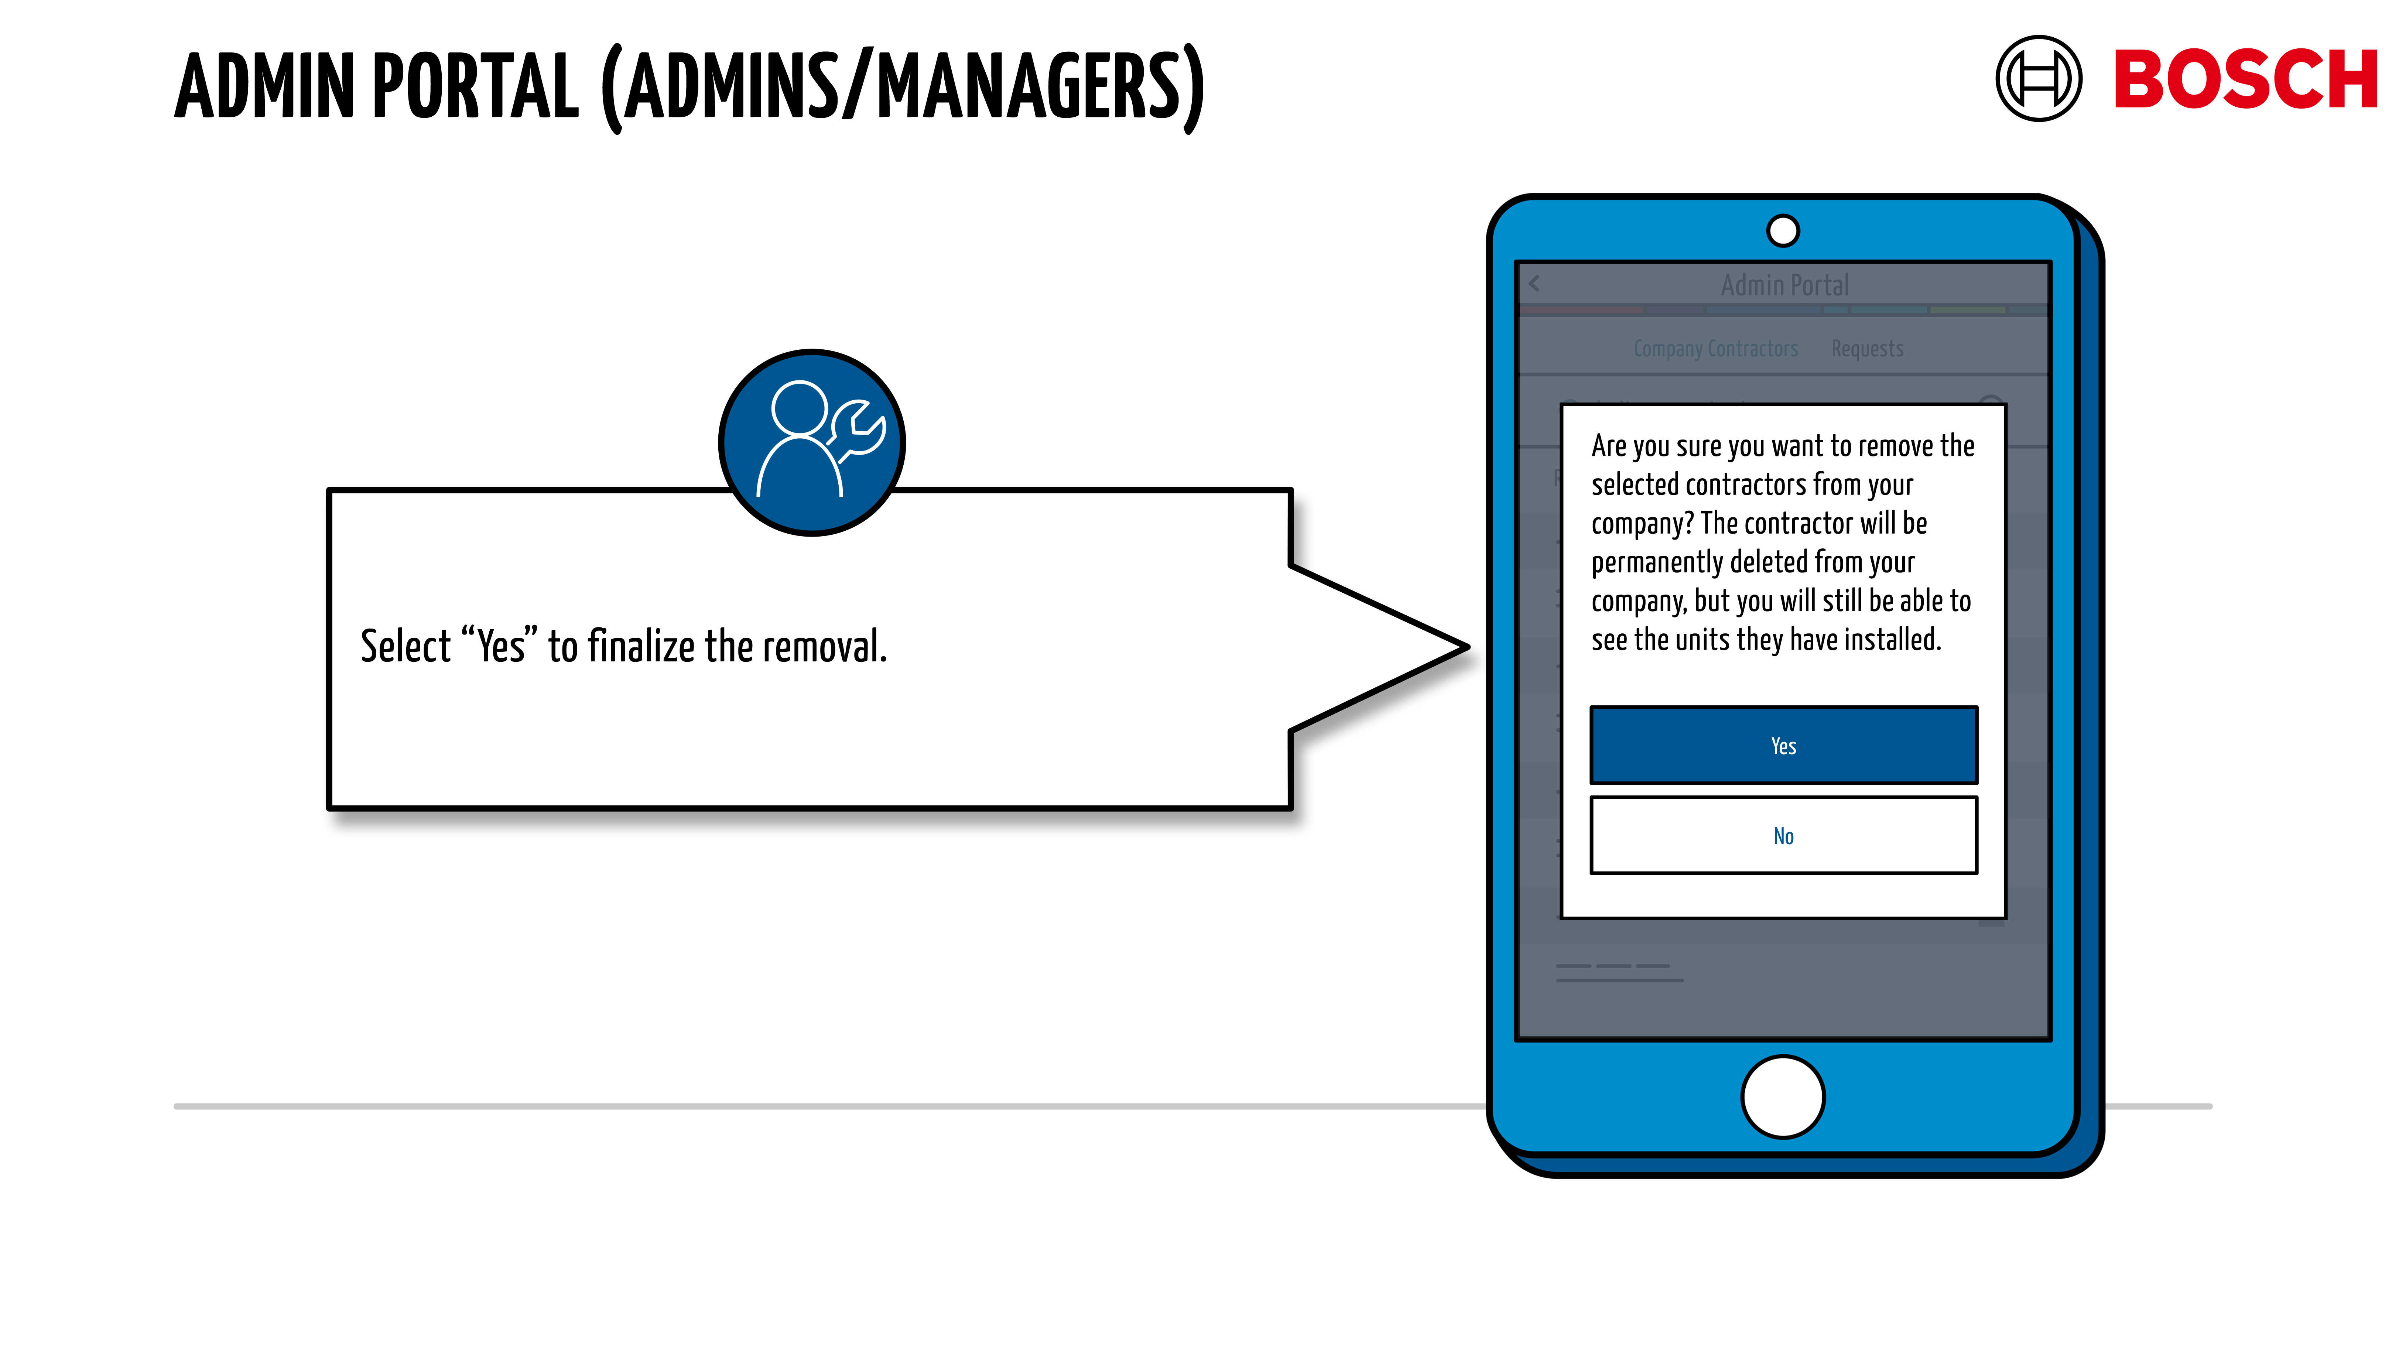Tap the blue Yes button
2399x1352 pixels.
pos(1783,745)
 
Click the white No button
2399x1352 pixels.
pos(1783,835)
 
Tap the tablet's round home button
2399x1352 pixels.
pos(1783,1096)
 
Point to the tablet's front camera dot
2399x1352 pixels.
pos(1783,230)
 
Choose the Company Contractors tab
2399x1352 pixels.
pos(1715,348)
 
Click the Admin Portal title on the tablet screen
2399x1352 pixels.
pos(1784,285)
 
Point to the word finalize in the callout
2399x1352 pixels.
pos(641,646)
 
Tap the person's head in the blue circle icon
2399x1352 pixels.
pos(799,408)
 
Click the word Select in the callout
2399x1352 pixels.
pos(405,646)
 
